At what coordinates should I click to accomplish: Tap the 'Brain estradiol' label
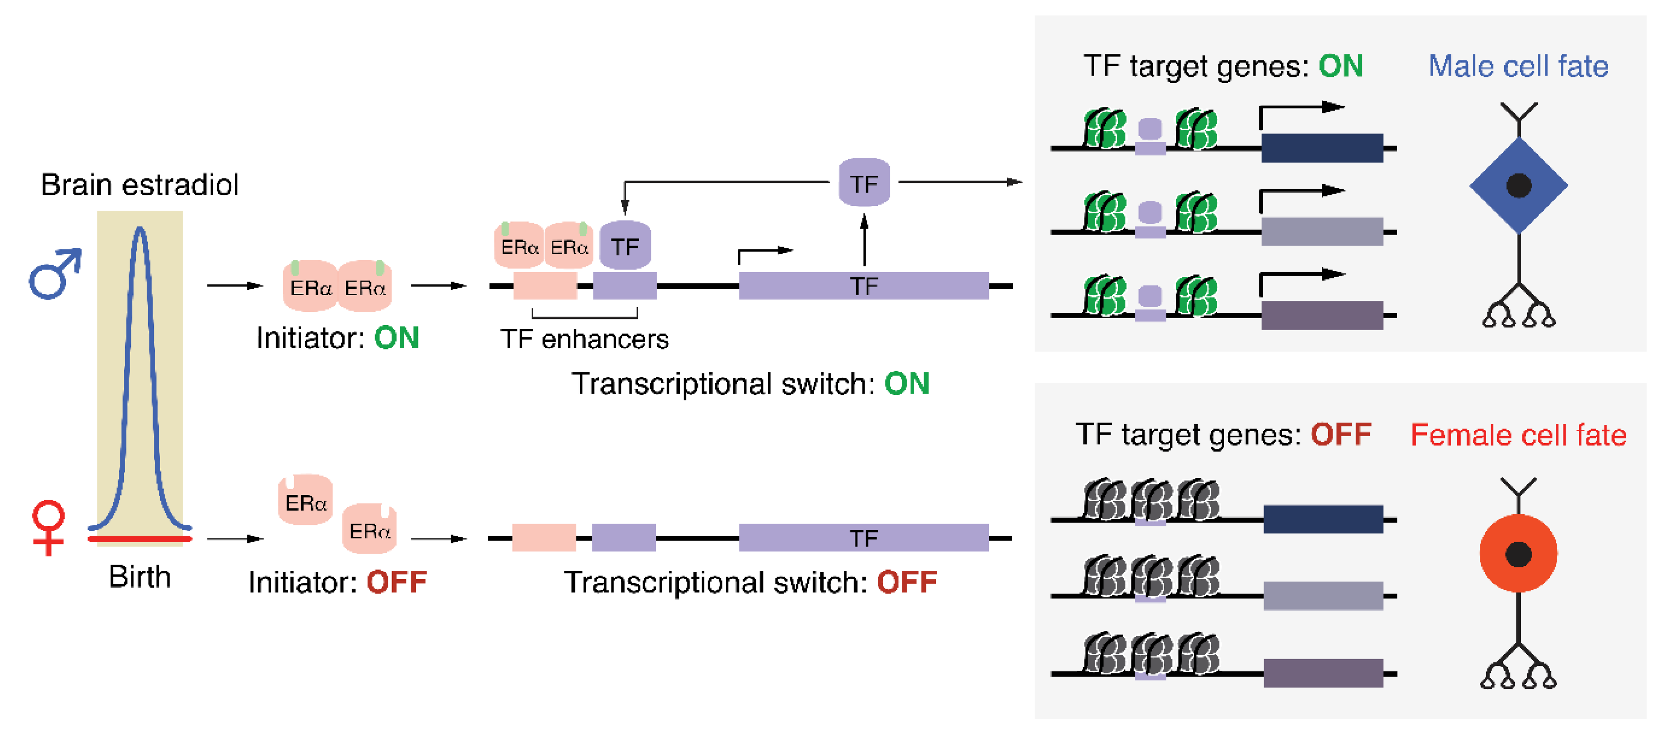[139, 185]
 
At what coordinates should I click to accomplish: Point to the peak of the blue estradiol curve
[140, 230]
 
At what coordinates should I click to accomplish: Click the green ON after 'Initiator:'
[396, 338]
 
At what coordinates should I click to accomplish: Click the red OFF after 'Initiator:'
[396, 582]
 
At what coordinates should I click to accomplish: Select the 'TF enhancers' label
[584, 339]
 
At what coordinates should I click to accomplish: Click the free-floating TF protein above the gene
[864, 183]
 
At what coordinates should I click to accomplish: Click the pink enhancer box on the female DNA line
[544, 537]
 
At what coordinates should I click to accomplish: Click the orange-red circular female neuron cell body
[1518, 554]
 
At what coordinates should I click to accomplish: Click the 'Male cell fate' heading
[1518, 66]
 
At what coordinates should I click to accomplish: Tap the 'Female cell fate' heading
[1518, 436]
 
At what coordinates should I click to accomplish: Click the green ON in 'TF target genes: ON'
[1340, 66]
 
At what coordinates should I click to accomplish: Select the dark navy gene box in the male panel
[1322, 148]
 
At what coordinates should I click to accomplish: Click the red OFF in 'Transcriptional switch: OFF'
[906, 582]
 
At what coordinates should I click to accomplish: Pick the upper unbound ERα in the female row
[305, 500]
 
